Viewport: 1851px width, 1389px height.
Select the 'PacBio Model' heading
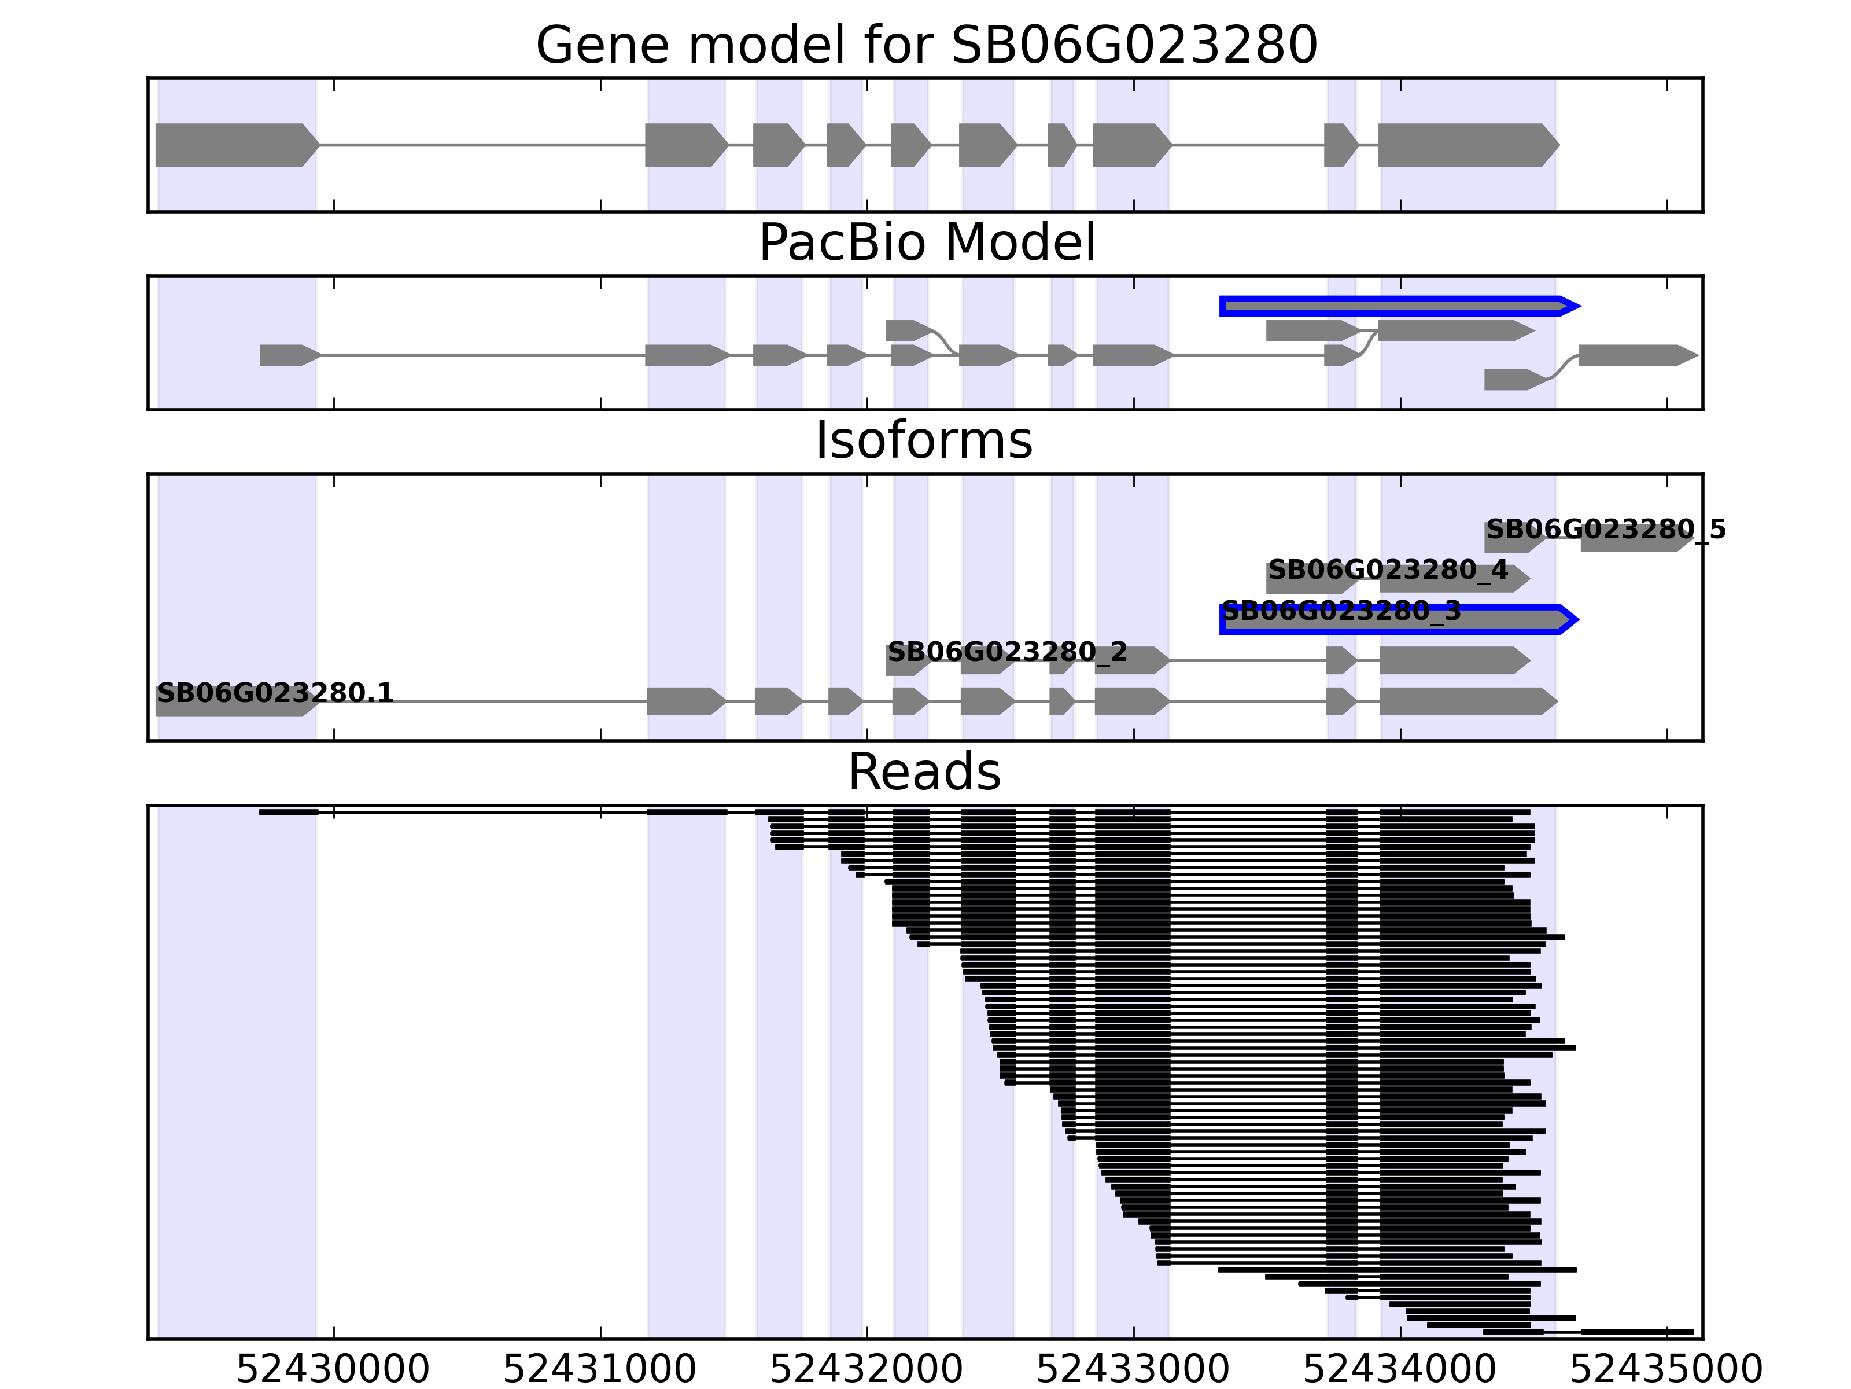926,243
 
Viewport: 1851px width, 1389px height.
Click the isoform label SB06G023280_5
1606,529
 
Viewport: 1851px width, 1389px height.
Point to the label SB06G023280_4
1388,570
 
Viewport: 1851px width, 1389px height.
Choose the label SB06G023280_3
1341,611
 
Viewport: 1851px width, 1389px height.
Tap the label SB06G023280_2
1006,651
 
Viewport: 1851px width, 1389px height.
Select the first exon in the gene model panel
234,145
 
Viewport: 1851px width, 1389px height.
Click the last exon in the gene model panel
1466,145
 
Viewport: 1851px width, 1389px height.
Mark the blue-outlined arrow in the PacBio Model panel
1398,306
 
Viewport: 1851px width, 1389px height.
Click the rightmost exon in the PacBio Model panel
1636,355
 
